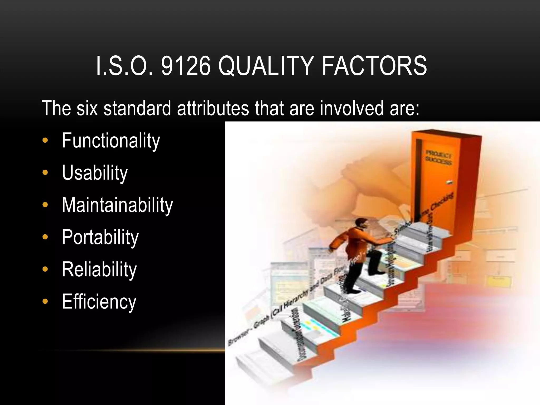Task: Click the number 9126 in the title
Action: [186, 66]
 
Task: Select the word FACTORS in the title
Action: [374, 66]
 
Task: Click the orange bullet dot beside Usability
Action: [45, 173]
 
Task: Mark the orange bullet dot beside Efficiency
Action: [45, 301]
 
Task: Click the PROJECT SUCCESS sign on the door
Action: [438, 157]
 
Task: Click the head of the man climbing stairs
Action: [361, 224]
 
